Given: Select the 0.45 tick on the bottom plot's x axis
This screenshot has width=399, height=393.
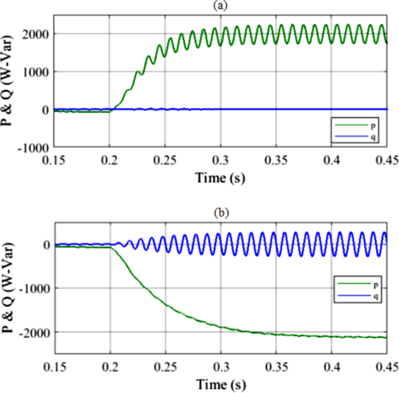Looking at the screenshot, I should (x=386, y=365).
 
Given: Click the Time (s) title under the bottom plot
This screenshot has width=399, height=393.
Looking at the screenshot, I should (x=220, y=384).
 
